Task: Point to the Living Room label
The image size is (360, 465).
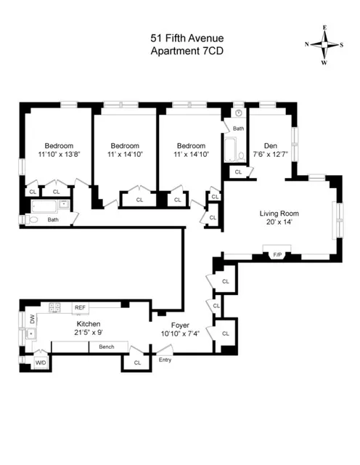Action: tap(279, 214)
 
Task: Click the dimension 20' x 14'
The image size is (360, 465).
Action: tap(279, 224)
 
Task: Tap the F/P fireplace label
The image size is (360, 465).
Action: tap(277, 255)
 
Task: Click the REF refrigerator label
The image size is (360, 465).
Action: tap(79, 307)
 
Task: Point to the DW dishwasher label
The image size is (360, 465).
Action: tap(33, 319)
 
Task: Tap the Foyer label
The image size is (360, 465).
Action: tap(180, 325)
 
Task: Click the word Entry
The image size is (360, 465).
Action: tap(165, 359)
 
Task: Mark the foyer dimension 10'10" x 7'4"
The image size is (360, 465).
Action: tap(180, 335)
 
